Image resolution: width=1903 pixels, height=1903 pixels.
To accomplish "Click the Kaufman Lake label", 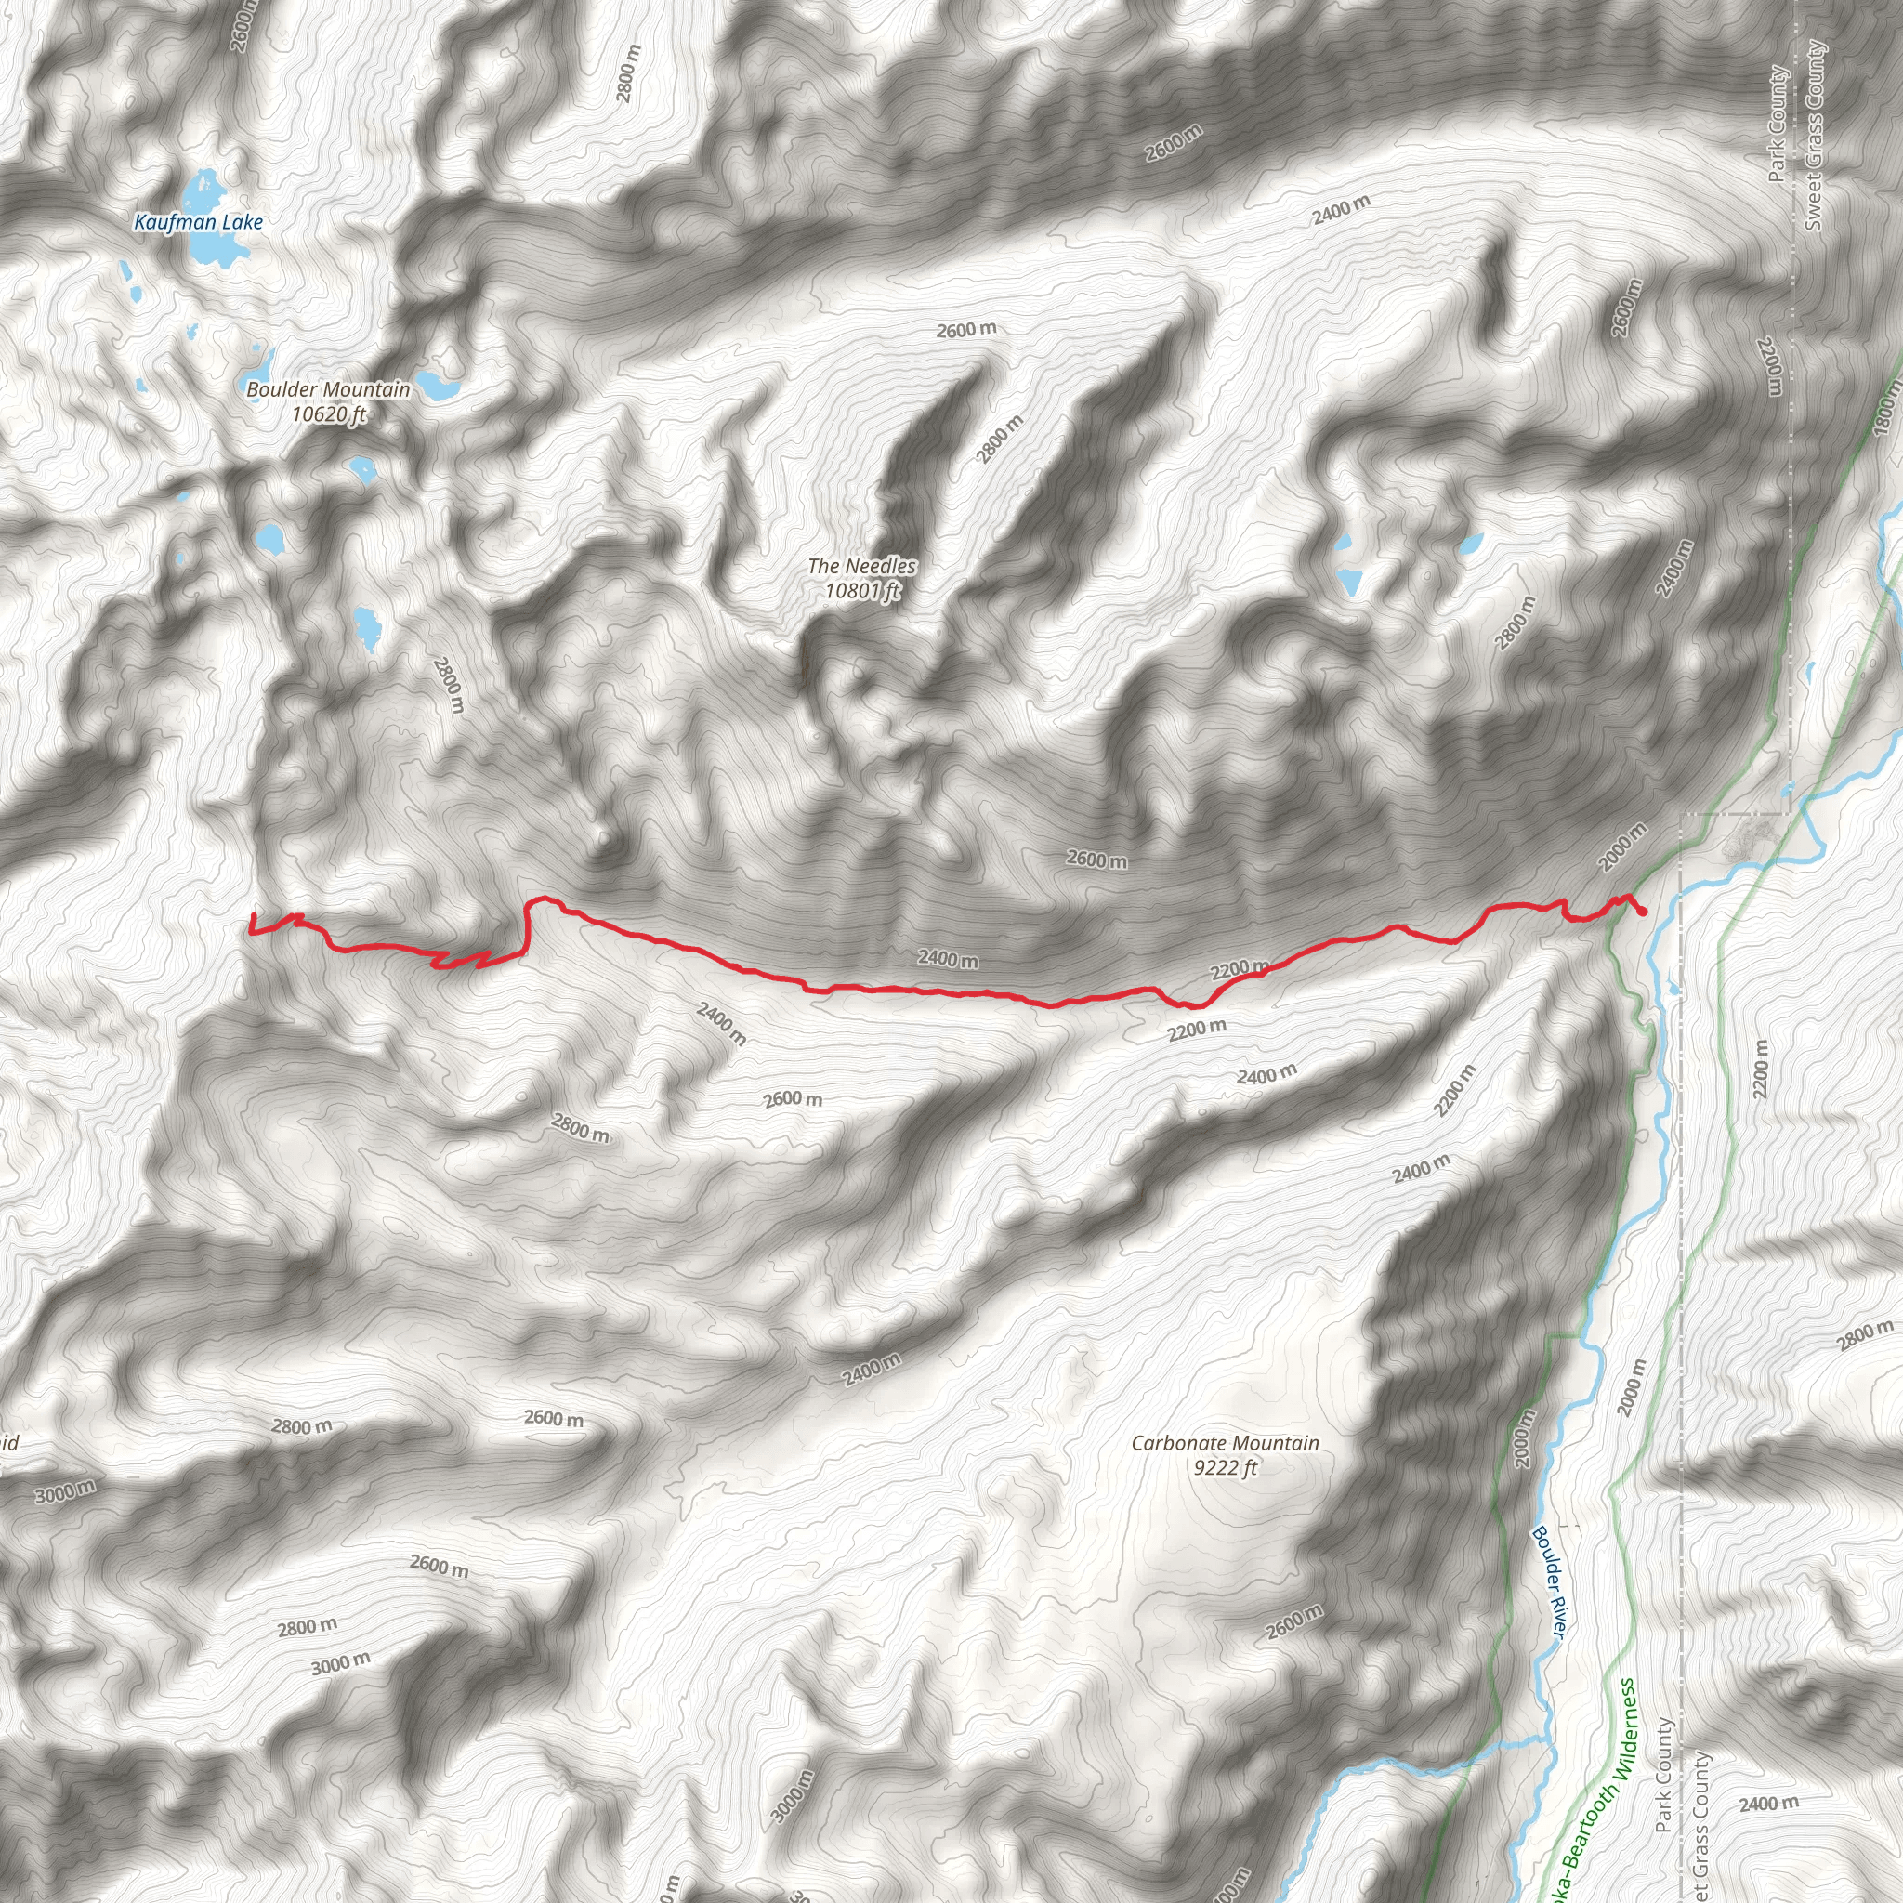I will (198, 223).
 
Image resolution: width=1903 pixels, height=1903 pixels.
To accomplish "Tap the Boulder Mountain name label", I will (328, 390).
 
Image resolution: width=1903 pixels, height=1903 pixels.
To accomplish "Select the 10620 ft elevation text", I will (328, 414).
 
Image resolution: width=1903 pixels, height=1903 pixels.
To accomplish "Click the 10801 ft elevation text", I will (862, 591).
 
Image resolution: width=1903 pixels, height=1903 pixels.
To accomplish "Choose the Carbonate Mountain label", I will (1225, 1443).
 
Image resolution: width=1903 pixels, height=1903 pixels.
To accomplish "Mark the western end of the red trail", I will (253, 916).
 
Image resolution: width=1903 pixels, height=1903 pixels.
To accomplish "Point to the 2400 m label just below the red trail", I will (948, 958).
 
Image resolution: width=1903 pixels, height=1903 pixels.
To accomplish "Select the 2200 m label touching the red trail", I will (1240, 970).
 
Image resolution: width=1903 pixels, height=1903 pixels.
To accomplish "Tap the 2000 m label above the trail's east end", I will (1621, 847).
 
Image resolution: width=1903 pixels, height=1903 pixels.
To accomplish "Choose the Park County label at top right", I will (1777, 125).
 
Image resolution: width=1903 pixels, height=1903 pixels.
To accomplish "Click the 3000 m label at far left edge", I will (65, 1493).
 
